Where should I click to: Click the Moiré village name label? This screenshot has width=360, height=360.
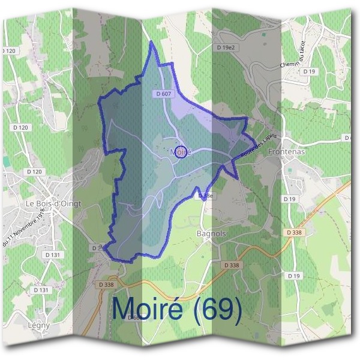pos(180,152)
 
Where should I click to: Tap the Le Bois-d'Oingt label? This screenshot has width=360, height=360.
pos(53,204)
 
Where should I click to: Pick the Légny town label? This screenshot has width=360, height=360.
pos(38,326)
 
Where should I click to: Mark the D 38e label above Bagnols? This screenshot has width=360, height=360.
pos(205,196)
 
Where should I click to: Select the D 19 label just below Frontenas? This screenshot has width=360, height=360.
pos(290,199)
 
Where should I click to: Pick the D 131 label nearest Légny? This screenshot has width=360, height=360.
pos(41,289)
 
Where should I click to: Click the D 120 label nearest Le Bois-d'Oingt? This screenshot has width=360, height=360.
pos(34,172)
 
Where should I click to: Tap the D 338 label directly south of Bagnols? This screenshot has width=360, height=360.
pos(232,265)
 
